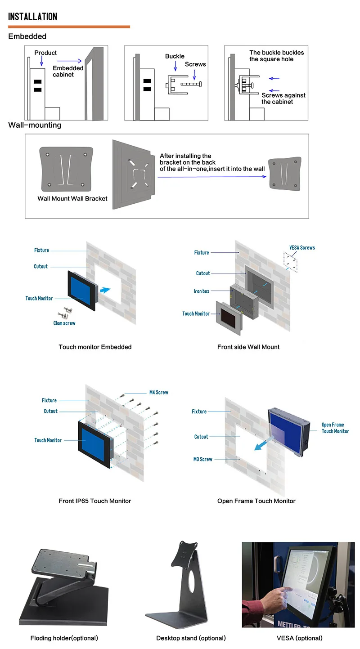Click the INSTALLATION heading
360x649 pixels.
tap(33, 17)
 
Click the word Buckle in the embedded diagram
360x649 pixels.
tap(175, 56)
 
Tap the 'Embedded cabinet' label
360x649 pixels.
tap(68, 71)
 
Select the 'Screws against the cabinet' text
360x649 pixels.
tap(283, 98)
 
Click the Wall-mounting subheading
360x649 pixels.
tap(35, 125)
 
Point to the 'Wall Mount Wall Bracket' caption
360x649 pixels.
tap(72, 198)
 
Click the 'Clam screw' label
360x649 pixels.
tap(64, 323)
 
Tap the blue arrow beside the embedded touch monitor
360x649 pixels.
tap(104, 291)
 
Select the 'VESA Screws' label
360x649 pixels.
tap(302, 247)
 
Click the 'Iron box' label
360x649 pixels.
tap(202, 291)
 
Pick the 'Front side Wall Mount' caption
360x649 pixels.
tap(248, 347)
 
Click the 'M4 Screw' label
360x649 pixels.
tap(159, 392)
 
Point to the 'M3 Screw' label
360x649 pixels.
tap(203, 459)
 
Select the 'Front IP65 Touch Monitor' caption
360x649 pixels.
tap(95, 501)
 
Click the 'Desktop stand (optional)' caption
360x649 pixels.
tap(191, 638)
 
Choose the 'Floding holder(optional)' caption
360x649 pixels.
tap(64, 638)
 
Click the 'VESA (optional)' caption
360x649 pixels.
tap(299, 638)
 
